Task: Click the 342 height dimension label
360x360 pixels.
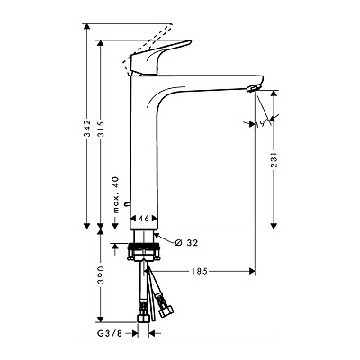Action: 87,129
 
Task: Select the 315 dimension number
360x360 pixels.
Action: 101,129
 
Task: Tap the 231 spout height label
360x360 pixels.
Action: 274,158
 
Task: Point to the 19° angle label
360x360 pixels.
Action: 261,124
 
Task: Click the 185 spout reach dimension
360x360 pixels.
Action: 200,272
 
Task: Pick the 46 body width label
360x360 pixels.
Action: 143,219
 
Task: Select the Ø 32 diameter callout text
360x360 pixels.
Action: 186,243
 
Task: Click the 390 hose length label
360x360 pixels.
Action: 101,274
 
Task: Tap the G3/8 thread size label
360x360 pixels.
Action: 110,333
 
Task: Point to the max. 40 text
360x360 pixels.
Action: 116,195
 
